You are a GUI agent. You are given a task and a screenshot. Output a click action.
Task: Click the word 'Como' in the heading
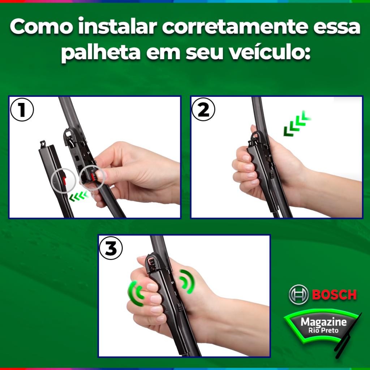41,27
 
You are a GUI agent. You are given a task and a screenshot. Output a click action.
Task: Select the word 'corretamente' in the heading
235,26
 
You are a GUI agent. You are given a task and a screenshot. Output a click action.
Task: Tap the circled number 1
22,110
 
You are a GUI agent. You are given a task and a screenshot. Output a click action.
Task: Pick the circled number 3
111,248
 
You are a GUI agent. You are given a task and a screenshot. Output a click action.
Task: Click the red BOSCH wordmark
334,295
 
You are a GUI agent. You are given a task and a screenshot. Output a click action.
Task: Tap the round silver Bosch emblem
298,294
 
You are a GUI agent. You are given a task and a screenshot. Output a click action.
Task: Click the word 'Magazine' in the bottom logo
323,322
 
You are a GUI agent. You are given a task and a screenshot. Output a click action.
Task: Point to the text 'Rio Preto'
323,330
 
